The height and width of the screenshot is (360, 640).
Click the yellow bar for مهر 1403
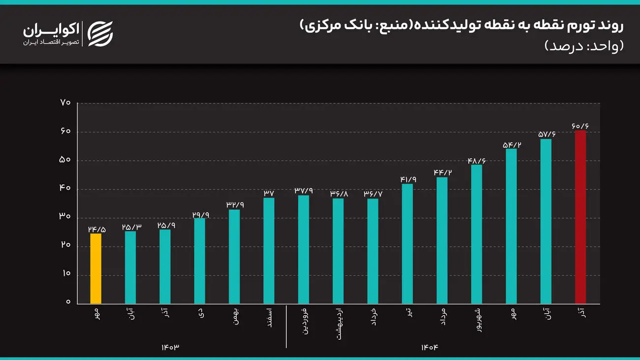coord(96,268)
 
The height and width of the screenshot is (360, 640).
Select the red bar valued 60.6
coord(581,217)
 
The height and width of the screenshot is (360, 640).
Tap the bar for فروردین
coord(304,249)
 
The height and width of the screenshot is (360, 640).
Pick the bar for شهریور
coord(477,234)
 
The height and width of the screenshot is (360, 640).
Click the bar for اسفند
coord(269,251)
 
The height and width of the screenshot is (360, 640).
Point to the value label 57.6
coord(546,134)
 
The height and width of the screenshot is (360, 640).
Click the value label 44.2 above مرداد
coord(442,172)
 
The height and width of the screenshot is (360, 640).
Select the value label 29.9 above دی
coord(199,214)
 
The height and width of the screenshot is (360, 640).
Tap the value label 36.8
coord(338,194)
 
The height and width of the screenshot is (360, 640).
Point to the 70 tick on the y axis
coord(66,103)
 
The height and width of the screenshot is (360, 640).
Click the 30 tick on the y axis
coord(66,217)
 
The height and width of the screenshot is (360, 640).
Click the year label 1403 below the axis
coord(170,347)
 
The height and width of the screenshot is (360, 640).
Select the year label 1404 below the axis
coord(429,347)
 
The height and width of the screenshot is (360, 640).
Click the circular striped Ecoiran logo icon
coord(100,34)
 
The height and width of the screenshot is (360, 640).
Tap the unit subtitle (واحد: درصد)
coord(584,46)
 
